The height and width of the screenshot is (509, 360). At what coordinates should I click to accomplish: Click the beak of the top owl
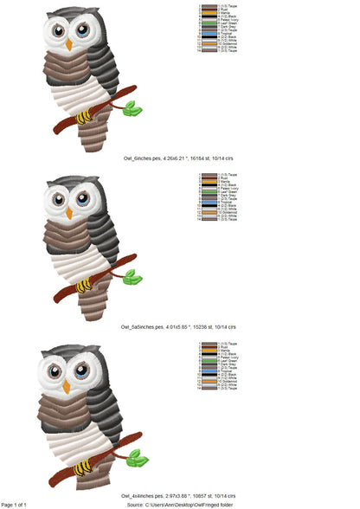click(x=68, y=42)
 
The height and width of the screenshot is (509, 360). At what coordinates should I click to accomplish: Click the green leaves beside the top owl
click(x=132, y=107)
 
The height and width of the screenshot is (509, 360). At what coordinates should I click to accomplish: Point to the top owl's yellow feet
click(x=85, y=115)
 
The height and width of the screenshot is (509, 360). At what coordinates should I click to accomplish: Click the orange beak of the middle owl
click(x=69, y=212)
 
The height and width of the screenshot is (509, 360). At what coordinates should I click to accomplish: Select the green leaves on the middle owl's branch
click(x=132, y=277)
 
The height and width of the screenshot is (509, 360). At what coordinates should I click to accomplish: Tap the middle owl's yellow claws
click(x=85, y=285)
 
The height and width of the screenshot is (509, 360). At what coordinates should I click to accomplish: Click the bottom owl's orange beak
click(x=66, y=387)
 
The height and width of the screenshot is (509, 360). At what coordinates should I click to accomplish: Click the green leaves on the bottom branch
click(x=137, y=457)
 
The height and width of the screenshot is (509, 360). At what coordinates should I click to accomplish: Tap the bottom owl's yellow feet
click(x=84, y=467)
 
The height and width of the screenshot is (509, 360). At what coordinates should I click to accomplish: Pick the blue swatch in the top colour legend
click(x=209, y=35)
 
